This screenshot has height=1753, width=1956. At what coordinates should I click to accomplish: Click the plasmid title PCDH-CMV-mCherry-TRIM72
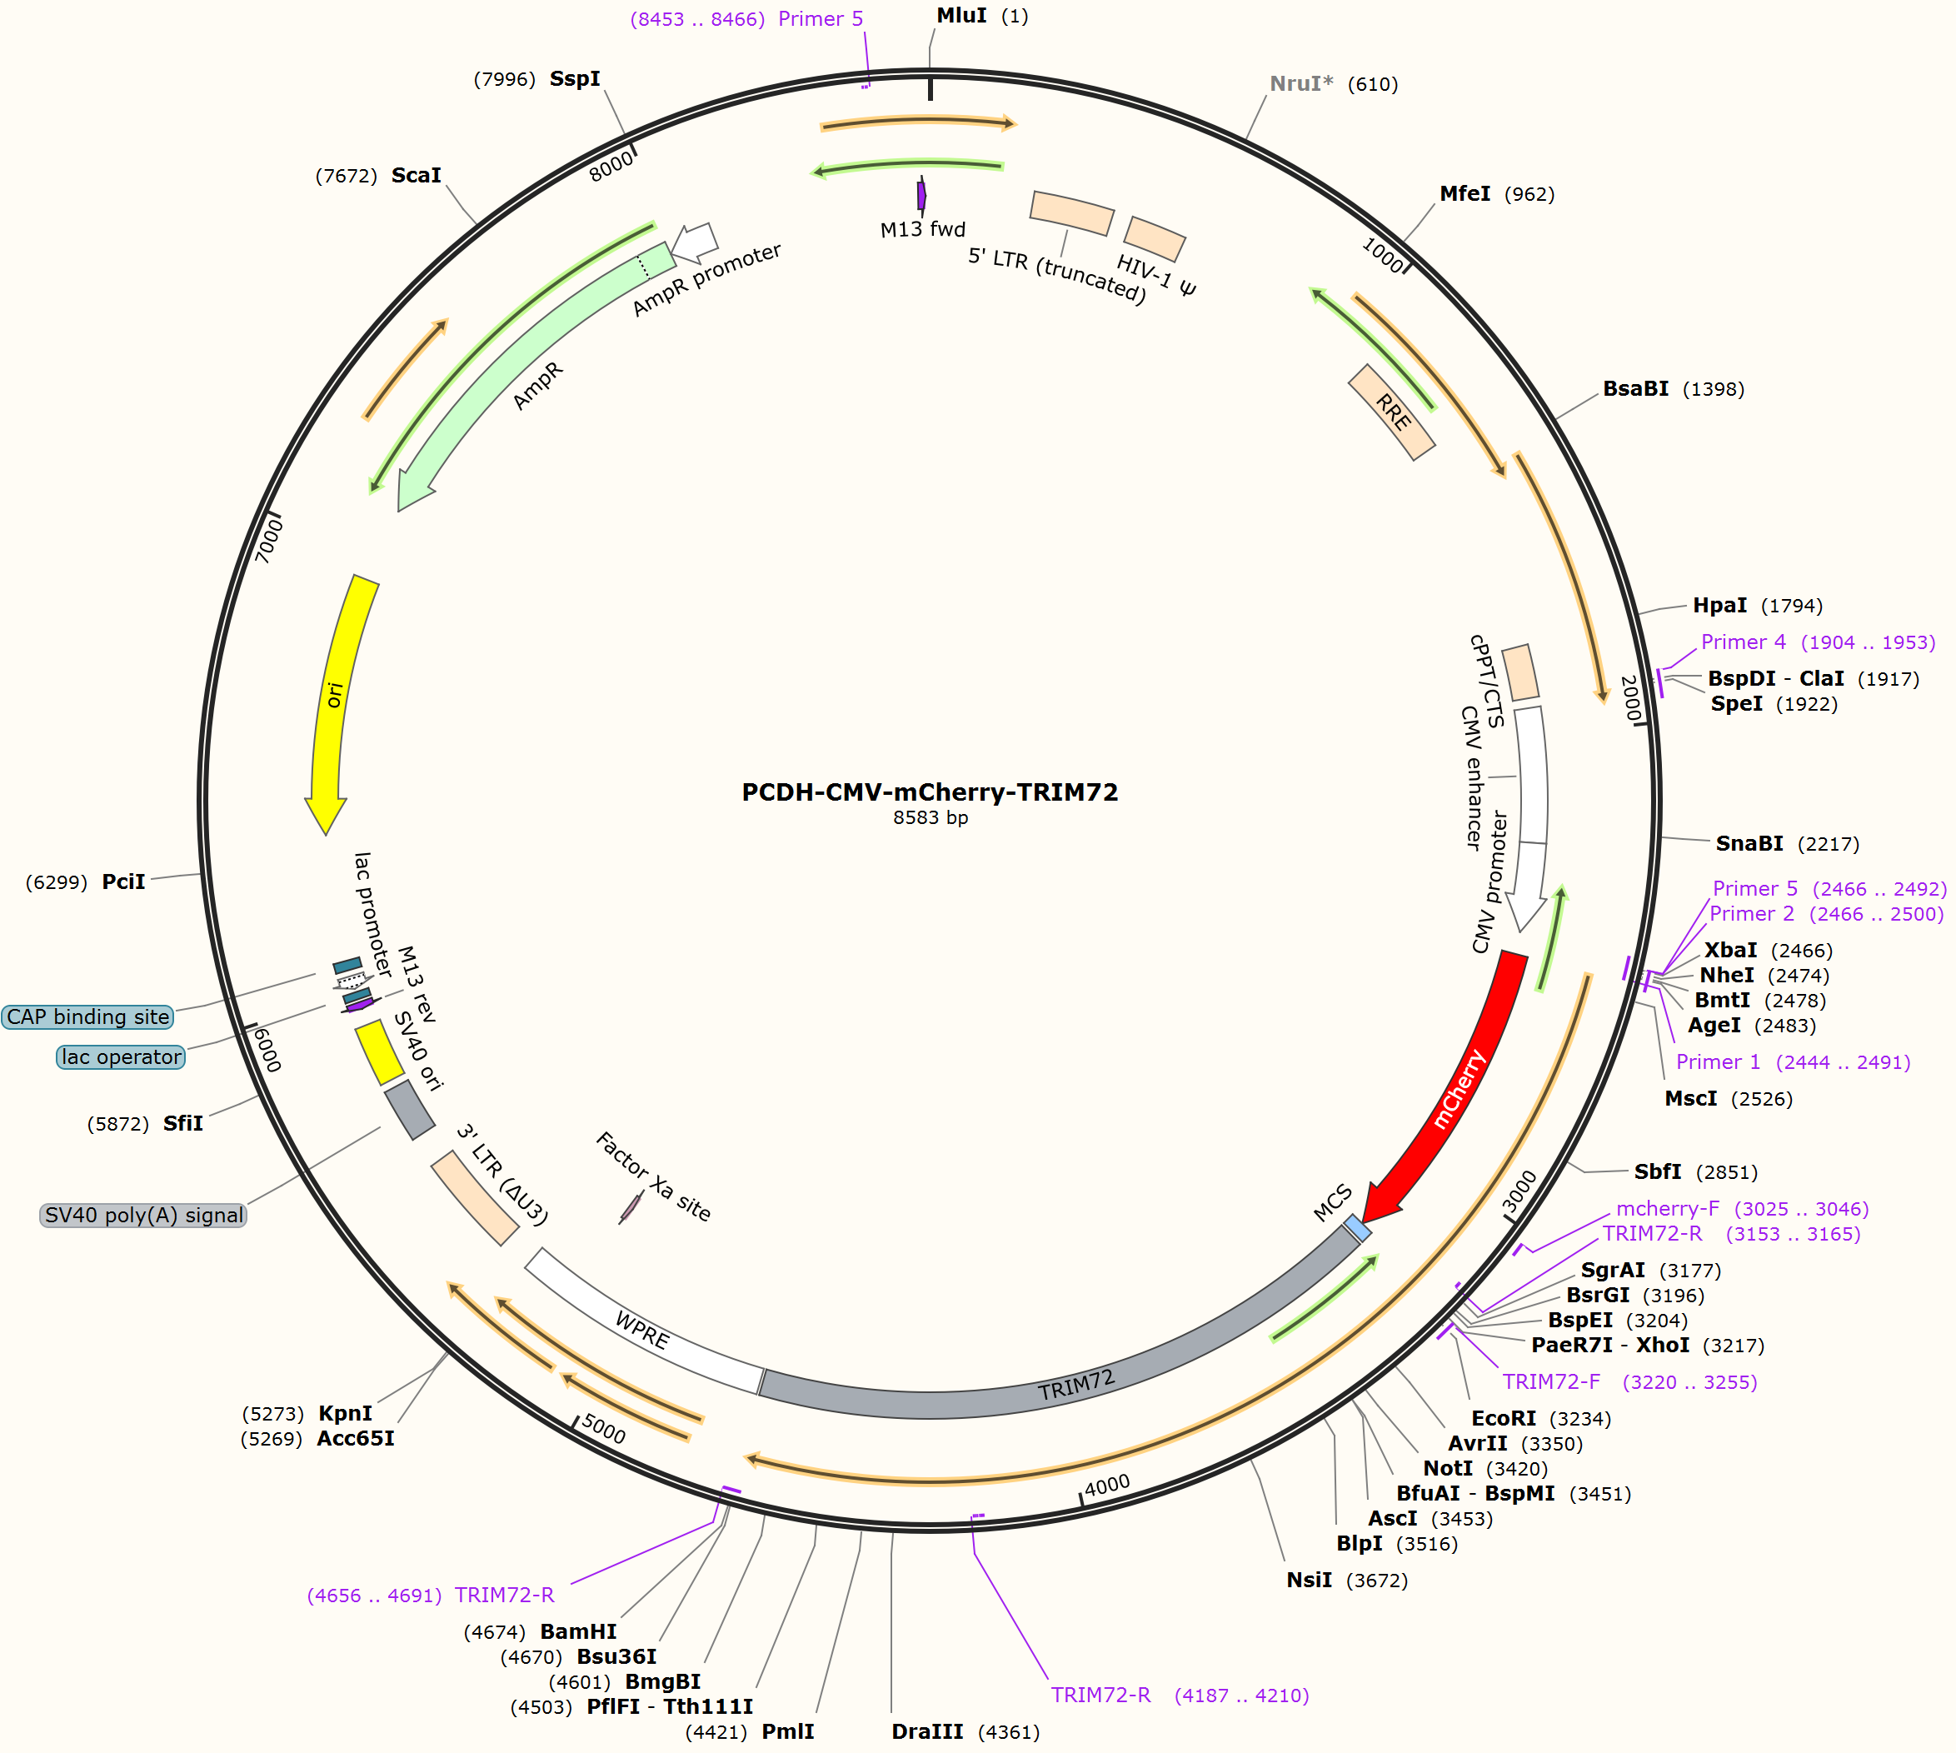click(x=930, y=792)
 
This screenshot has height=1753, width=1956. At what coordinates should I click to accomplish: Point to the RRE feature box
click(x=1392, y=412)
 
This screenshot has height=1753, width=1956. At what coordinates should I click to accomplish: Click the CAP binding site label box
click(x=87, y=1017)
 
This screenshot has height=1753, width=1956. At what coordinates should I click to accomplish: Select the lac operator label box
click(x=121, y=1056)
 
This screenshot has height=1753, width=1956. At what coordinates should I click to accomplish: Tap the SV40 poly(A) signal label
click(x=143, y=1216)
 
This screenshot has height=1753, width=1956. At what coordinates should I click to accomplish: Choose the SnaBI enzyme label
click(x=1749, y=844)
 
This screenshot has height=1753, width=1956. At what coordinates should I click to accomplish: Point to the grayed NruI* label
click(x=1301, y=84)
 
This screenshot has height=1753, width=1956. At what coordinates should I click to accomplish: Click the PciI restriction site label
click(x=123, y=881)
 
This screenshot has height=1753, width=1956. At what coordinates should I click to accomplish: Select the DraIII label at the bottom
click(x=926, y=1732)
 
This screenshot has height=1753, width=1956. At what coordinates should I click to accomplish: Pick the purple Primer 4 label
click(x=1744, y=642)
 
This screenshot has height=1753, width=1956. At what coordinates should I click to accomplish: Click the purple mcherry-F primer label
click(x=1667, y=1209)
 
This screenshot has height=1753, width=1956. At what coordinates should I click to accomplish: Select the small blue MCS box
click(x=1358, y=1228)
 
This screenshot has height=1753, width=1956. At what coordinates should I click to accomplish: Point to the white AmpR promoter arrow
click(x=695, y=242)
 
